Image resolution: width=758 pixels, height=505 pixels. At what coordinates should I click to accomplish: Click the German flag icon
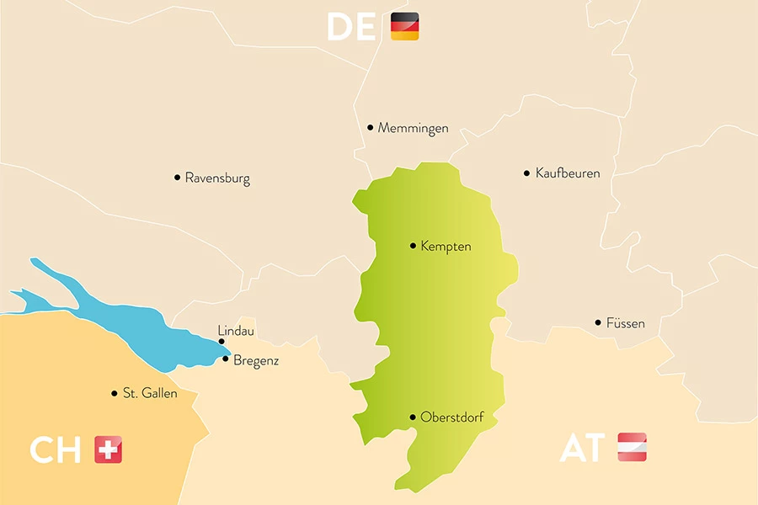tap(405, 27)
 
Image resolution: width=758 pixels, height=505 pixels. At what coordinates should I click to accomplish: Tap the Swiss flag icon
tap(108, 449)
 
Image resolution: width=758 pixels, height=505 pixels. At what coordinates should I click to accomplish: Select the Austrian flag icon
tap(633, 448)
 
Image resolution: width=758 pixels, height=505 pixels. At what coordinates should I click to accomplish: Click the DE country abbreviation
tap(351, 28)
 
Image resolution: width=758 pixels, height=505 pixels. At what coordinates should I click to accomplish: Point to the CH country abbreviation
tap(55, 450)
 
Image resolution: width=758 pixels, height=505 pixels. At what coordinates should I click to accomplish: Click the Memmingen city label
tap(413, 128)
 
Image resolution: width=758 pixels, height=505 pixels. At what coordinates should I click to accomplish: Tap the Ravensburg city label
tap(217, 178)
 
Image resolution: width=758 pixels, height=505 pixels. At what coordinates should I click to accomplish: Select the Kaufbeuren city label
tap(568, 173)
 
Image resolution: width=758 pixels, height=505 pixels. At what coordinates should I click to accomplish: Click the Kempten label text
tap(446, 247)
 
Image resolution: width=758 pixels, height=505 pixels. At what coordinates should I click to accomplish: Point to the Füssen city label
tap(625, 323)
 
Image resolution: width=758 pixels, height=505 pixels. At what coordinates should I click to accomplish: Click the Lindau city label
tap(236, 331)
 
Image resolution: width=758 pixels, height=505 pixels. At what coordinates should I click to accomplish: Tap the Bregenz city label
tap(256, 361)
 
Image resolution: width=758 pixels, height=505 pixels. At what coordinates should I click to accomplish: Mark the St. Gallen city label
tap(150, 394)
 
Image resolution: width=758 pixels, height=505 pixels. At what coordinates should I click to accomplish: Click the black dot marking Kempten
tap(413, 246)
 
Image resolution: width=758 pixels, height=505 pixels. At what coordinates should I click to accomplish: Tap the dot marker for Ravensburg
tap(177, 178)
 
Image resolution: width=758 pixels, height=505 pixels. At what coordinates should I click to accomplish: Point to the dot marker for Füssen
tap(598, 322)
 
